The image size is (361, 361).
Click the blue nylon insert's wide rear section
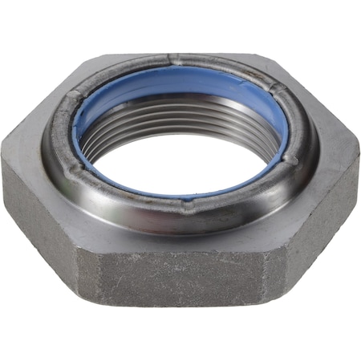pyautogui.click(x=180, y=81)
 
